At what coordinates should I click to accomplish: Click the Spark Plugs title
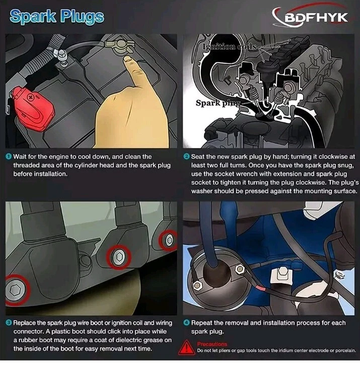coord(57,17)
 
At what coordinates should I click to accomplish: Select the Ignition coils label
coord(230,47)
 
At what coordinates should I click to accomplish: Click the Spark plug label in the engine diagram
coord(218,103)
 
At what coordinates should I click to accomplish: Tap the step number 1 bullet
coord(9,157)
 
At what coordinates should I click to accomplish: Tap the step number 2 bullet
coord(186,157)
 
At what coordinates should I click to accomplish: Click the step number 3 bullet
coord(9,323)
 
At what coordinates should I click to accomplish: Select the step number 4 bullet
coord(186,323)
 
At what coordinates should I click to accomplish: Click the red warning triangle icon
coord(186,347)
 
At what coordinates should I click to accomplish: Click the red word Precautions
coord(212,344)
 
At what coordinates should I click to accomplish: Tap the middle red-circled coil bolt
coord(119,257)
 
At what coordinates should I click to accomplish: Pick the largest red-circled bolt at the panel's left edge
coord(16,290)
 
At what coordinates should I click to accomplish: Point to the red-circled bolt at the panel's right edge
coord(169,240)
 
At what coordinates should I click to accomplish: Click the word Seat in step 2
coord(198,157)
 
